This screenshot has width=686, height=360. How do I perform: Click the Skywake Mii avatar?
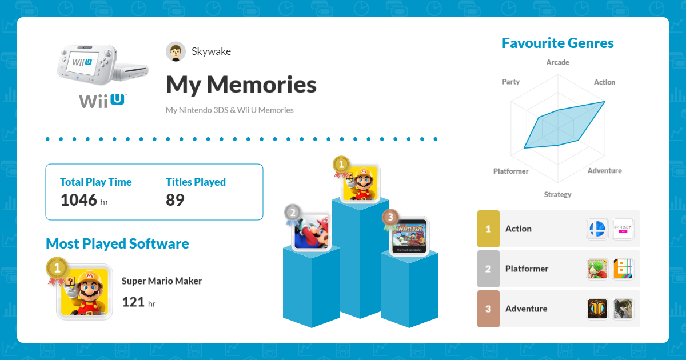(176, 51)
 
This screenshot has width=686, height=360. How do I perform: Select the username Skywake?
(211, 51)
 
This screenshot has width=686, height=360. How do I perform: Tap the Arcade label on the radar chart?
(558, 62)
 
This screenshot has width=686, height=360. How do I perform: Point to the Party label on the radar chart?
(511, 82)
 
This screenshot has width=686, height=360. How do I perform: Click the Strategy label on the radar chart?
(558, 195)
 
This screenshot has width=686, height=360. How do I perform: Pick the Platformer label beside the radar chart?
(511, 171)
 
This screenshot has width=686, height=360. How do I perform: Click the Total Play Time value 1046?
(79, 200)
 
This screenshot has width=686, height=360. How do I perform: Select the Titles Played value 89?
(175, 200)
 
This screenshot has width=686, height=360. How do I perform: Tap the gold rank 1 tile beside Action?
(488, 229)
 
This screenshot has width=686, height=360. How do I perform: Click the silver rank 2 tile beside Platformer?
(488, 269)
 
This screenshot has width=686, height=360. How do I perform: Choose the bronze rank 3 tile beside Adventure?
(488, 309)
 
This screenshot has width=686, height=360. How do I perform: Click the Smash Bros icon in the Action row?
(597, 229)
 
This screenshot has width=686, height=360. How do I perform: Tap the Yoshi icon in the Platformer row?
(597, 269)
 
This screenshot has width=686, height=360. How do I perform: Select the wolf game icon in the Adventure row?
(623, 309)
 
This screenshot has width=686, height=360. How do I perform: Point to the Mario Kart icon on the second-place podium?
(311, 231)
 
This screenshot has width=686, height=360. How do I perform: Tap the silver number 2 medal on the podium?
(293, 213)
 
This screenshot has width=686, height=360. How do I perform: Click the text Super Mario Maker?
(162, 281)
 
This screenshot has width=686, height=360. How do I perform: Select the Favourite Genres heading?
(558, 43)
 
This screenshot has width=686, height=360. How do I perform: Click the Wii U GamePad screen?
(83, 63)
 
